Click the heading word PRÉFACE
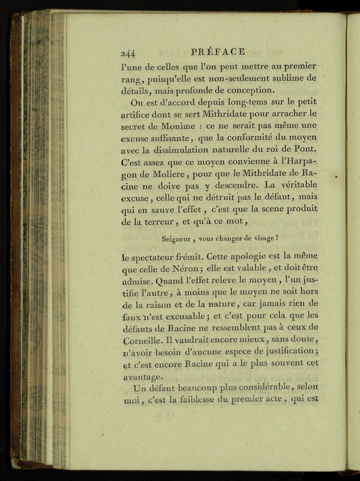[x=218, y=51]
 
